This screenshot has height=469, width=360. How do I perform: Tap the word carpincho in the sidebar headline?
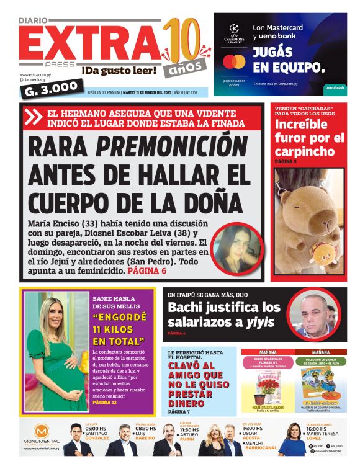[301, 151]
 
